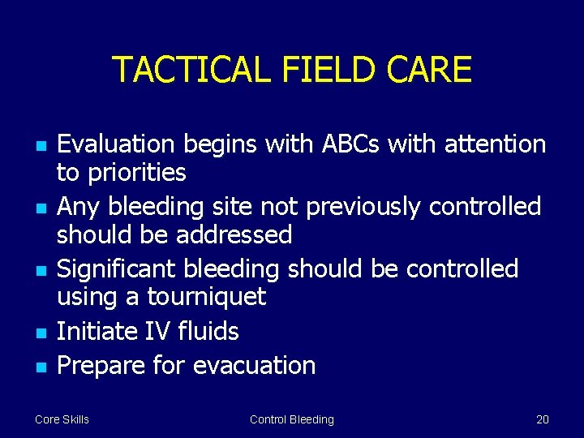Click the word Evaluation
click(116, 144)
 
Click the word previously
click(365, 207)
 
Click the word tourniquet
click(206, 297)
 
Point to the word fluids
click(210, 331)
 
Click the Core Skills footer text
click(62, 419)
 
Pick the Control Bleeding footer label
click(291, 419)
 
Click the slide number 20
click(542, 419)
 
